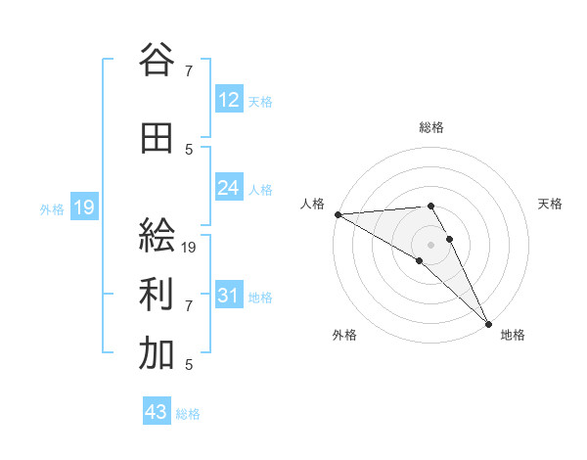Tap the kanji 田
coord(157,139)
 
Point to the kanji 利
coord(157,296)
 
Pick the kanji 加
coord(157,354)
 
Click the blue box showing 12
coord(229,100)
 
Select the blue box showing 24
coord(229,188)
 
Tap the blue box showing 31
coord(229,296)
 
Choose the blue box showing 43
coord(157,412)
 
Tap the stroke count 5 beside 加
coord(188,365)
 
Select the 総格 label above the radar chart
coord(431,127)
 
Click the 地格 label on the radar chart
coord(513,335)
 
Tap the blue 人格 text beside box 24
coord(260,189)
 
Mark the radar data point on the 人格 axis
coord(338,214)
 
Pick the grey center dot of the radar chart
coord(430,243)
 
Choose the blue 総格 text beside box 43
coord(188,413)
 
